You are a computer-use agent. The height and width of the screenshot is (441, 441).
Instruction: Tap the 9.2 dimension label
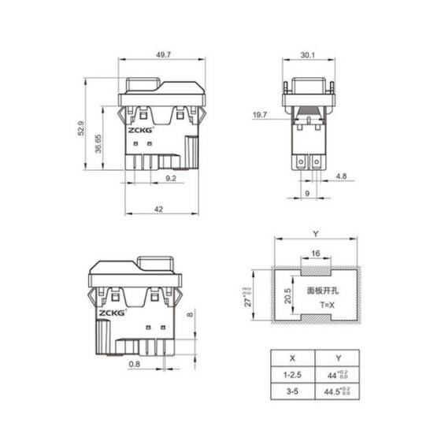pos(170,180)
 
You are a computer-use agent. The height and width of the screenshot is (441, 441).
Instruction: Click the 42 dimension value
pos(158,209)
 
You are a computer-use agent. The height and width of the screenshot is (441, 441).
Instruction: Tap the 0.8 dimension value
pos(135,364)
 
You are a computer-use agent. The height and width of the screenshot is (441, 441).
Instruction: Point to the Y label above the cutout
pos(314,234)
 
